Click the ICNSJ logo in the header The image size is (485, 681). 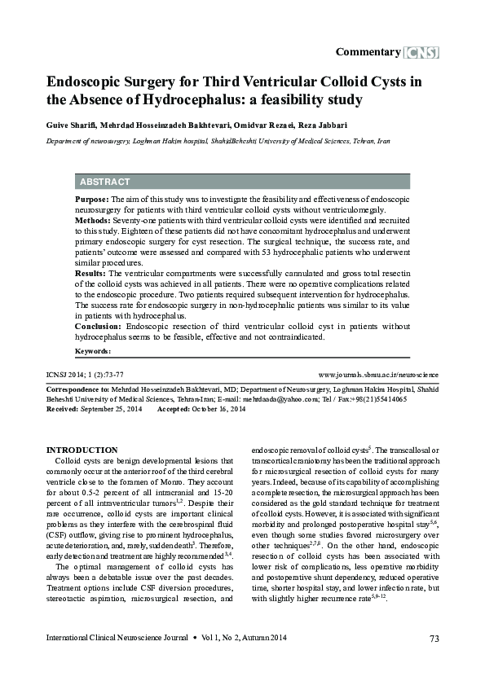pyautogui.click(x=421, y=52)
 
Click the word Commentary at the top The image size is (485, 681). pyautogui.click(x=368, y=52)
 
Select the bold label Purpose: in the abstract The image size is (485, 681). pyautogui.click(x=91, y=199)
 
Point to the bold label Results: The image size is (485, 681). pyautogui.click(x=90, y=274)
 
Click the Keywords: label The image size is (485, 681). pyautogui.click(x=93, y=350)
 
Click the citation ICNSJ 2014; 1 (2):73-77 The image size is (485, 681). pyautogui.click(x=85, y=375)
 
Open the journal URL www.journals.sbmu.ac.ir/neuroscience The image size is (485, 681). pyautogui.click(x=377, y=375)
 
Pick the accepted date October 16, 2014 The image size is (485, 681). pyautogui.click(x=218, y=409)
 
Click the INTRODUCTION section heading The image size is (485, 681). pyautogui.click(x=82, y=450)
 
